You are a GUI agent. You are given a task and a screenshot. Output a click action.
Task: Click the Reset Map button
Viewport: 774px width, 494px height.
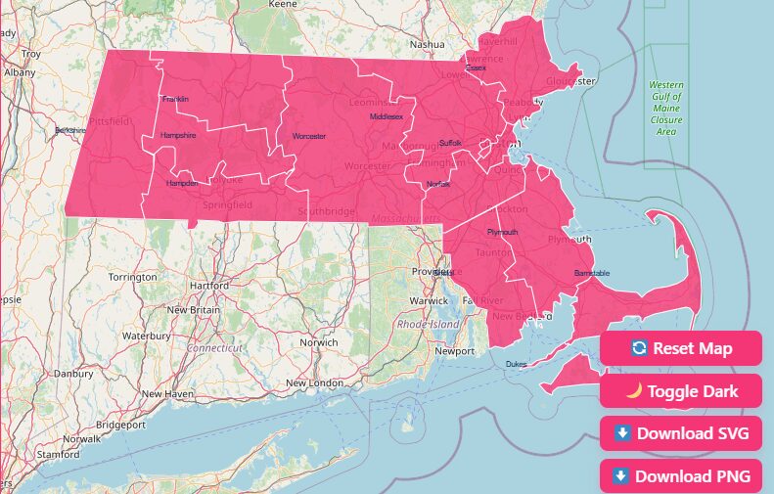(x=681, y=348)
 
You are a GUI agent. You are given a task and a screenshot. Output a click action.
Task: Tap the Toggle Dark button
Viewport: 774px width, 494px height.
(x=681, y=391)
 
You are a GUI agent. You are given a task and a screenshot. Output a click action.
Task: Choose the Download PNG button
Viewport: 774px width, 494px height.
(x=681, y=476)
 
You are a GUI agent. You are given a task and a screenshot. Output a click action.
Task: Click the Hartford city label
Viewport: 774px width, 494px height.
(x=209, y=286)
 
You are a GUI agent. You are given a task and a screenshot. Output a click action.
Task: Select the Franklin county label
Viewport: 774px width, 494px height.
(x=176, y=99)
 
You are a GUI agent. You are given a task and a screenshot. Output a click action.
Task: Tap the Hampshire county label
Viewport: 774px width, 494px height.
(x=178, y=135)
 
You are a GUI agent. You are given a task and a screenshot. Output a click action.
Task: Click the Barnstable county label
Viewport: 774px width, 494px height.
(x=591, y=273)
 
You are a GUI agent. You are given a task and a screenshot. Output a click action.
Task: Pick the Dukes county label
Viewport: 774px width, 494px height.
(x=516, y=364)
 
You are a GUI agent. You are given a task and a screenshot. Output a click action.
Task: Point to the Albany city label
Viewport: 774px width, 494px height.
(x=20, y=72)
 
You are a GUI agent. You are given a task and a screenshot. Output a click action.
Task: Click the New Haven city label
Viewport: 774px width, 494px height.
(x=166, y=393)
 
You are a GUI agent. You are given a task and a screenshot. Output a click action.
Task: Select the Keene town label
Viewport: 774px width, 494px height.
(x=282, y=5)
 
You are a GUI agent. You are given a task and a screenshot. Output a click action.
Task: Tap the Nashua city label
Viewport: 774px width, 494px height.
(x=427, y=44)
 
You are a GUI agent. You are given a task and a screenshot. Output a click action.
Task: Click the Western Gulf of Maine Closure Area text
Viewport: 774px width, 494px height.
(x=666, y=108)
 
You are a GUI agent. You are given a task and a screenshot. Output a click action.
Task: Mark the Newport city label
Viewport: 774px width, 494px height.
(x=454, y=350)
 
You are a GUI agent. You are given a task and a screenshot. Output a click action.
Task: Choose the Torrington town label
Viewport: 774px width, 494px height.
(x=132, y=277)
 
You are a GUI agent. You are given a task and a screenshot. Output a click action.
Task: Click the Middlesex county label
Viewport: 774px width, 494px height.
(x=386, y=116)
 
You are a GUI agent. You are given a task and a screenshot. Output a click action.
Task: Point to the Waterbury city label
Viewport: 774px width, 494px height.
(x=147, y=336)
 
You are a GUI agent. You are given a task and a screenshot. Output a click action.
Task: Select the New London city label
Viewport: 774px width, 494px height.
(x=313, y=382)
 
